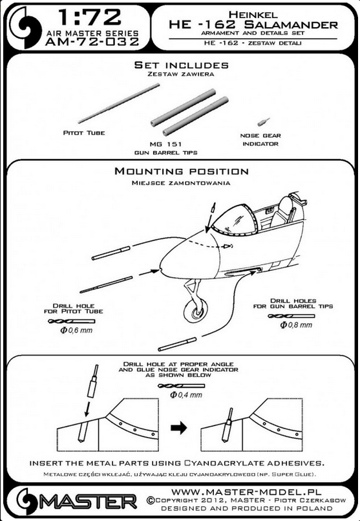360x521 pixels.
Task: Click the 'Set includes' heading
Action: tap(180, 65)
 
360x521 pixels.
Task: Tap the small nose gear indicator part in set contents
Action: tap(262, 121)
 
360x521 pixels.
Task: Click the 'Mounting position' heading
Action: tap(181, 172)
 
